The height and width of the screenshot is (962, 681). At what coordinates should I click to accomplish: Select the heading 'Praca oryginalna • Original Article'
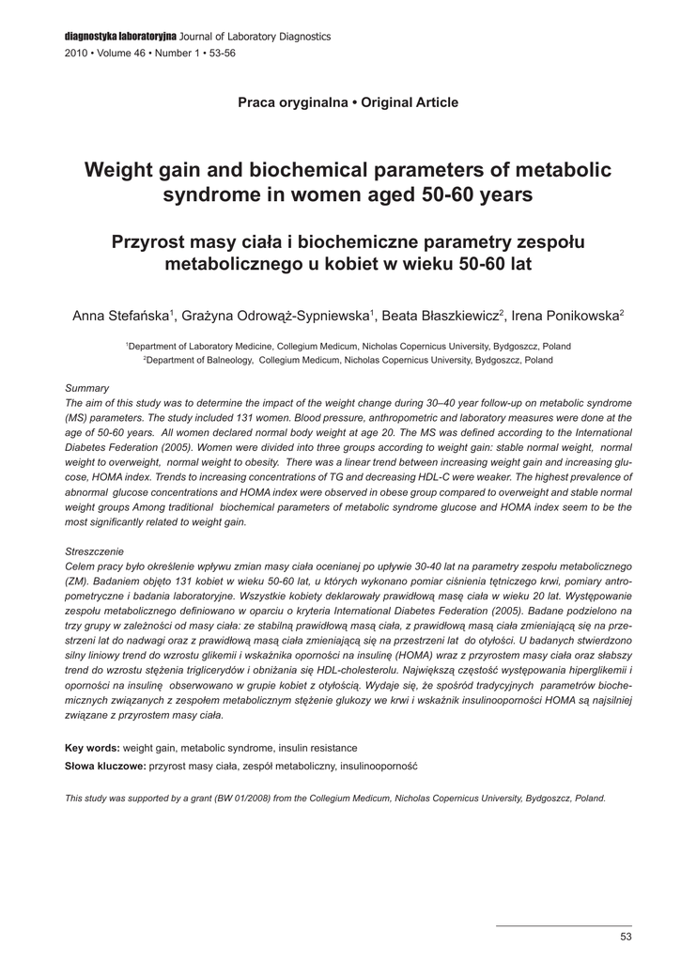pos(348,102)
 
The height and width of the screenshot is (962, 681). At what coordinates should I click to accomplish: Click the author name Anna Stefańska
pos(120,316)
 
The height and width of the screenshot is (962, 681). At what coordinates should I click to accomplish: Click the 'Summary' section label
pos(87,388)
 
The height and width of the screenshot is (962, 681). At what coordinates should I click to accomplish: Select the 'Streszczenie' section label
pos(95,551)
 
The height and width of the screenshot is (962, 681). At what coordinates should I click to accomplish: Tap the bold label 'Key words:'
pos(92,748)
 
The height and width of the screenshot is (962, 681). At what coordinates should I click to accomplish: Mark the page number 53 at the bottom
pos(627,938)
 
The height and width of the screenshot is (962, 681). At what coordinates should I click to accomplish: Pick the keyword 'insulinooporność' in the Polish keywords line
pos(380,767)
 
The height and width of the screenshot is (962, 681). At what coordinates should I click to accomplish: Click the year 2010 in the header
pos(75,54)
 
